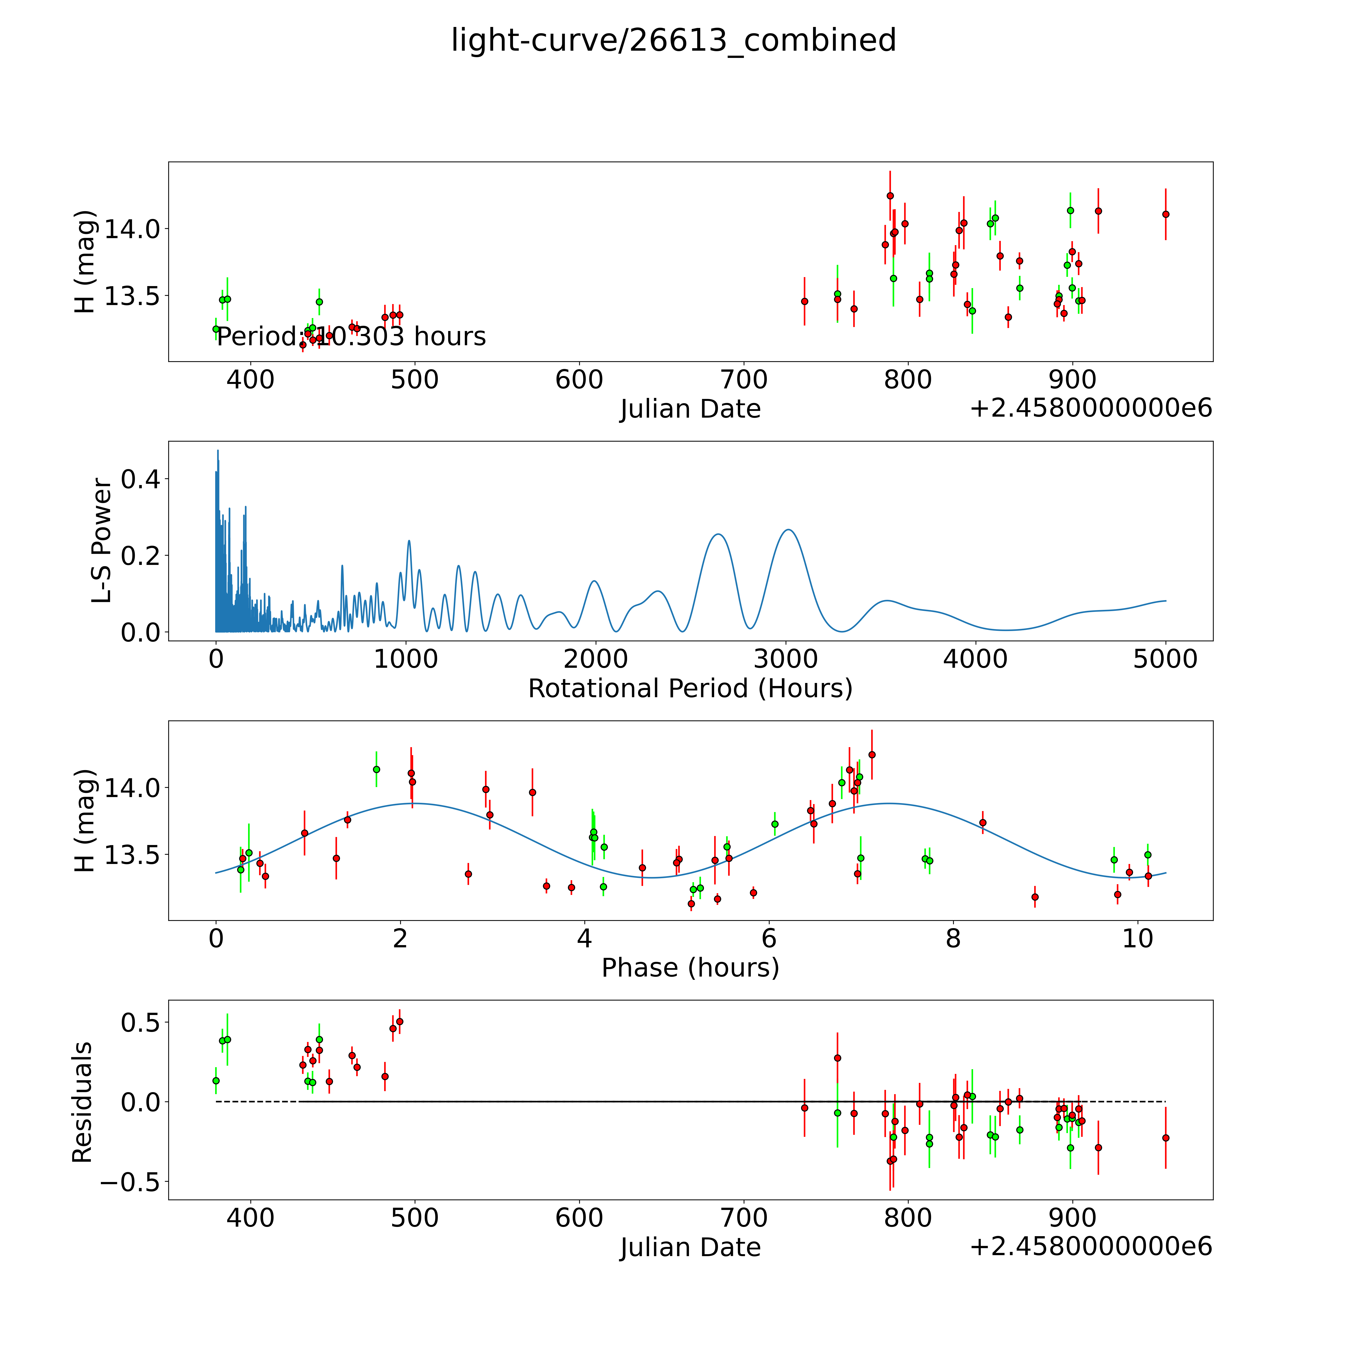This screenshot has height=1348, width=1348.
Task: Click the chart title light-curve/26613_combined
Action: click(673, 40)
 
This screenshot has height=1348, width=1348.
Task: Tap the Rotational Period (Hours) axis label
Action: click(690, 689)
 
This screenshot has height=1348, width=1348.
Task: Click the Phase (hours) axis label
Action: click(690, 968)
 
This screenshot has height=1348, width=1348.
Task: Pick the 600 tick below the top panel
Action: click(579, 380)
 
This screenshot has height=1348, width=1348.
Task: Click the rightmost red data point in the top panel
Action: click(1165, 214)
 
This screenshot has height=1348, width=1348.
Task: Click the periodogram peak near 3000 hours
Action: click(788, 530)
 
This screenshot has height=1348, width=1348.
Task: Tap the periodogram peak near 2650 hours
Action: click(718, 534)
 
